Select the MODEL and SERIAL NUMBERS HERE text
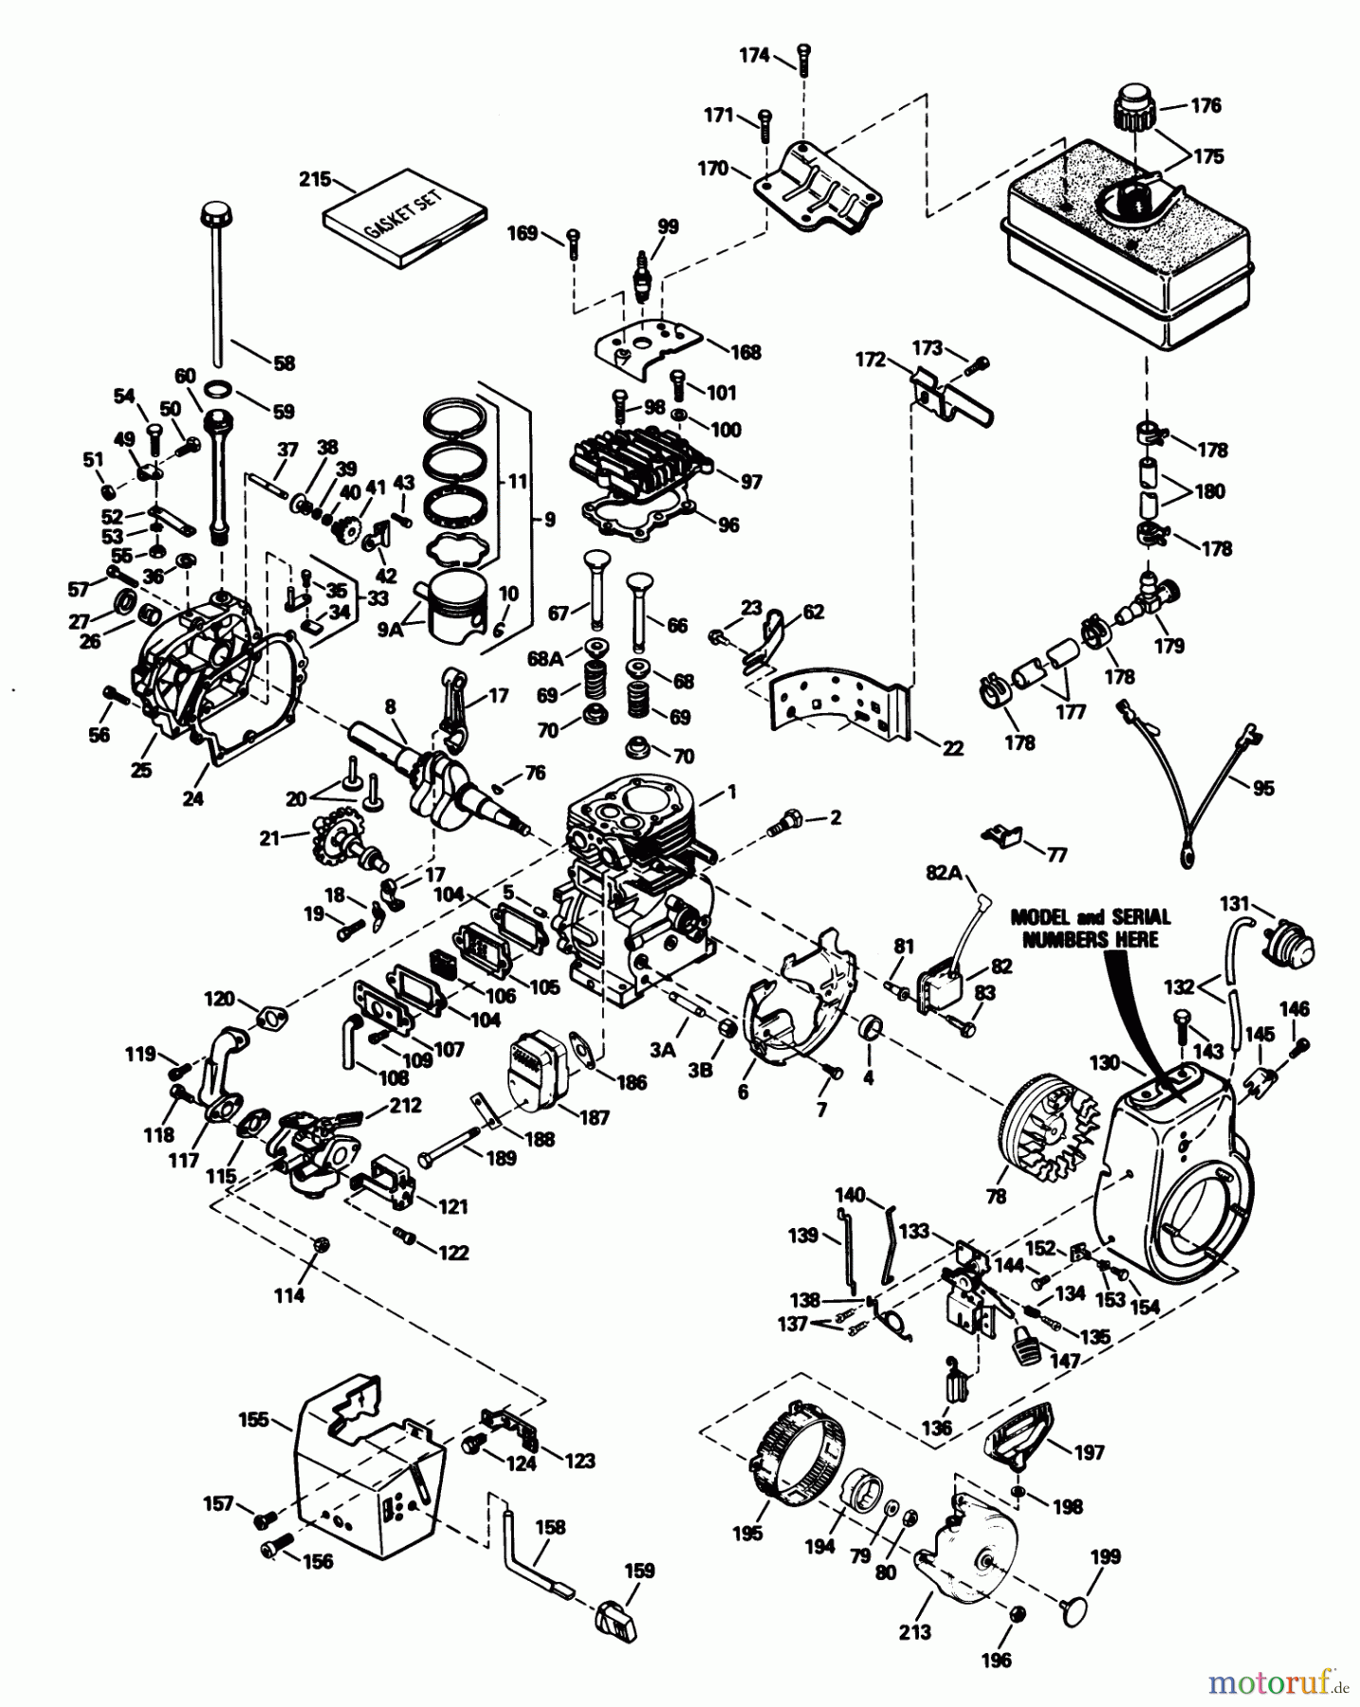1090,927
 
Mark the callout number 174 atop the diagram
754,56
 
